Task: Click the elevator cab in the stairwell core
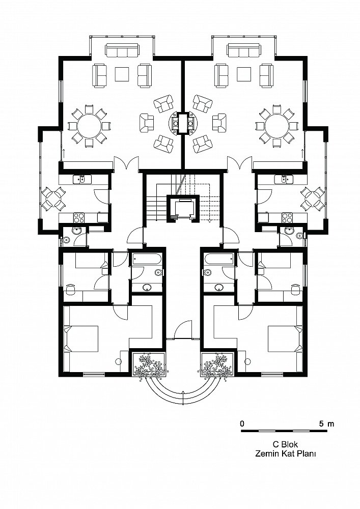[x=183, y=208]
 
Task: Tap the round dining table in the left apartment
[x=90, y=125]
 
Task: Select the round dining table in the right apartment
[x=276, y=125]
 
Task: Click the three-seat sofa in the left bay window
[x=122, y=50]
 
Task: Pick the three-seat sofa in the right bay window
[x=244, y=50]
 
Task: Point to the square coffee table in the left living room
[x=122, y=74]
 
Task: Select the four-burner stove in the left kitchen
[x=79, y=217]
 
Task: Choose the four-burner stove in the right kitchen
[x=287, y=217]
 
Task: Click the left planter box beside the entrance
[x=149, y=365]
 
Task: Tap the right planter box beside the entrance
[x=217, y=365]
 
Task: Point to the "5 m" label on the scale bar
[x=326, y=423]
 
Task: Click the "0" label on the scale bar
[x=242, y=423]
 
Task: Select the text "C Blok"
[x=285, y=444]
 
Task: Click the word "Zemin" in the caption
[x=265, y=454]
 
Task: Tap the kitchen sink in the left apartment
[x=82, y=179]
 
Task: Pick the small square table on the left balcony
[x=53, y=199]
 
